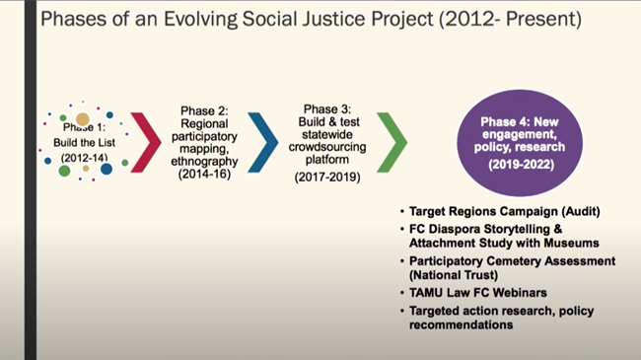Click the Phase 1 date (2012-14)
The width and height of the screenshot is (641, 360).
point(84,156)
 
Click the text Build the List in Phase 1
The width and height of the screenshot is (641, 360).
point(84,141)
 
